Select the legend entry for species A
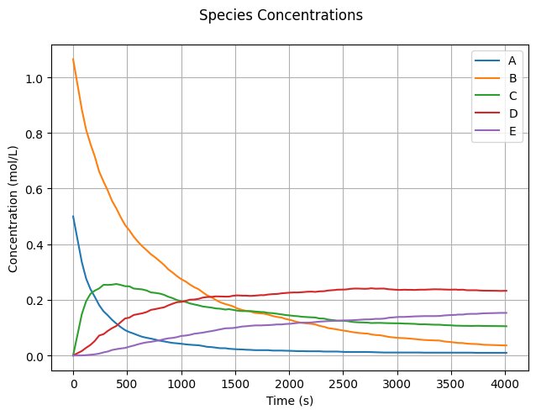(x=512, y=60)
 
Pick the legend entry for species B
(x=512, y=78)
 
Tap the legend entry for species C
(x=512, y=96)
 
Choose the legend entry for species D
(x=512, y=113)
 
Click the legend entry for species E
(x=512, y=131)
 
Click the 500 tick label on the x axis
(x=127, y=385)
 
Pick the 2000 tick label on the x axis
(x=289, y=385)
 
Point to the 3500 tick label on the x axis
(x=451, y=385)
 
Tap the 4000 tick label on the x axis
(x=505, y=385)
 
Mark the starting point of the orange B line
(x=73, y=59)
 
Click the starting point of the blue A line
(x=73, y=216)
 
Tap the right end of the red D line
(x=507, y=291)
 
